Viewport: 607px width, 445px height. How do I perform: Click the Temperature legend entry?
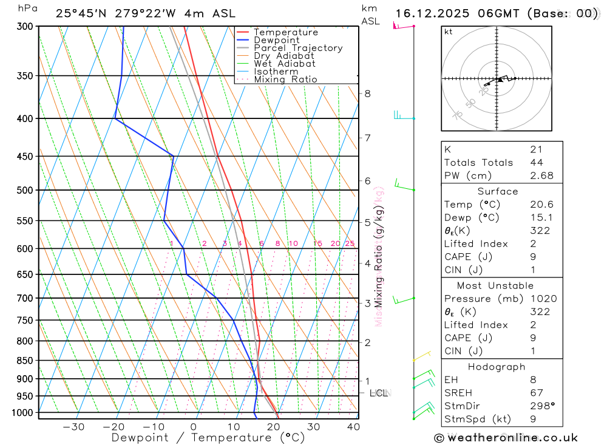[285, 32]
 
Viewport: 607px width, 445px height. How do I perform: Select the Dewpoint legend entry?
[276, 40]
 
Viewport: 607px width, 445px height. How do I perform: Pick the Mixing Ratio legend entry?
[285, 79]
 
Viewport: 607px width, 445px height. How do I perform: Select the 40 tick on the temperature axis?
[353, 427]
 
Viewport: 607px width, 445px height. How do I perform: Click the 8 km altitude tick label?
[367, 93]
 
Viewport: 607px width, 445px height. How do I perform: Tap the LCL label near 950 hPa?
[379, 393]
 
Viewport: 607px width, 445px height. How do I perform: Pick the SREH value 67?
[536, 393]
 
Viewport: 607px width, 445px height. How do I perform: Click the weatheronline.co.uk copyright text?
[506, 438]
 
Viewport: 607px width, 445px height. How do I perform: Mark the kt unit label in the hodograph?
[449, 32]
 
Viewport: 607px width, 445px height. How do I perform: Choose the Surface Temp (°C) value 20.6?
[541, 205]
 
